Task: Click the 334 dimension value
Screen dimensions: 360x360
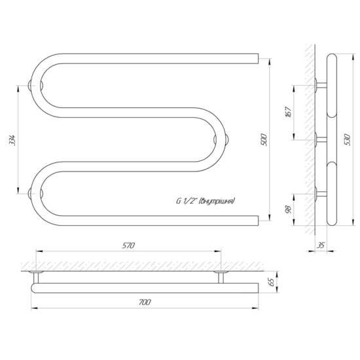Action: (12, 140)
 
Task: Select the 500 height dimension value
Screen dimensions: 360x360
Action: (264, 139)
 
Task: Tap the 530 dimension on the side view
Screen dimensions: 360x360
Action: (348, 139)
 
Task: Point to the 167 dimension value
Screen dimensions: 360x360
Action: (289, 112)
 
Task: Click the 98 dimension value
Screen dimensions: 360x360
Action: (289, 209)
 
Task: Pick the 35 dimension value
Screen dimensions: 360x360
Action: (321, 245)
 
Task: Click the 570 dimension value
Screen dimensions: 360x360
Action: (128, 245)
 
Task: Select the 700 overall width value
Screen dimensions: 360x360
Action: (145, 302)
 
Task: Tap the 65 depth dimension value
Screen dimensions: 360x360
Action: (271, 282)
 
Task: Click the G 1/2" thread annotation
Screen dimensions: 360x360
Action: (206, 202)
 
